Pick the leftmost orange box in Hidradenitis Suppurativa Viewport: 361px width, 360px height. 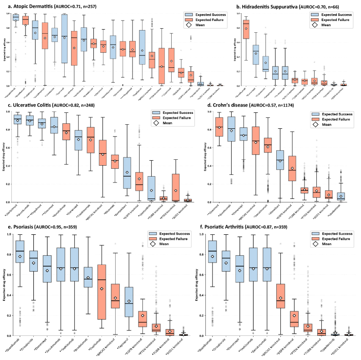246,29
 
